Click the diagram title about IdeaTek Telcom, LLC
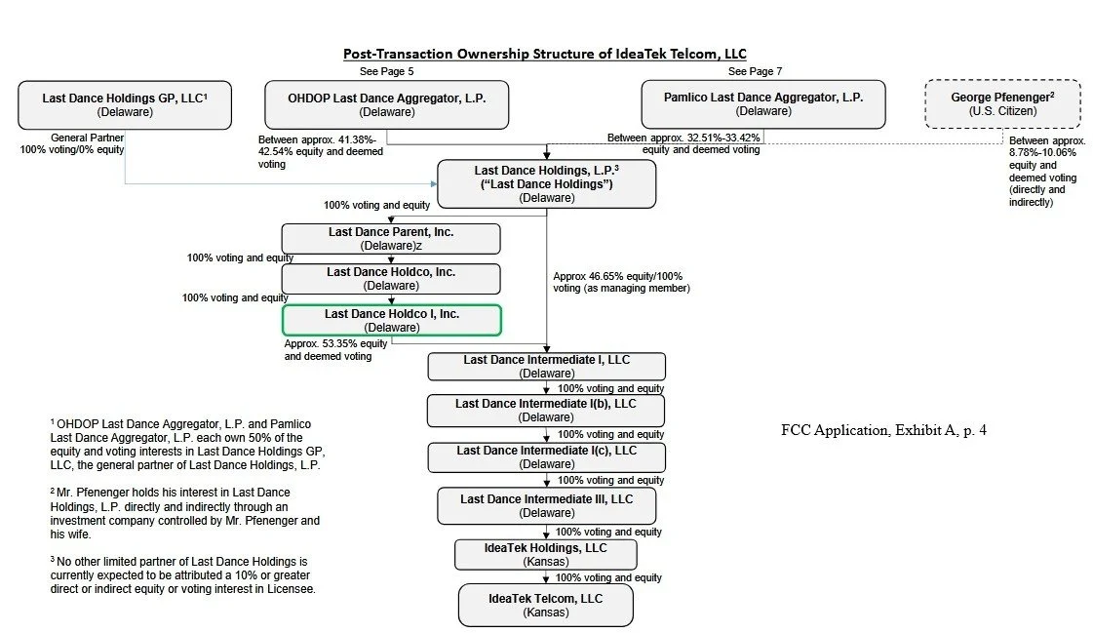coord(544,54)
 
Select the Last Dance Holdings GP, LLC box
coord(125,104)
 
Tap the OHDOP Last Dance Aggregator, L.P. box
coord(387,104)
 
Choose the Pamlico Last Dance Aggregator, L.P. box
coord(762,104)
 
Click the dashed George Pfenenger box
coord(1002,104)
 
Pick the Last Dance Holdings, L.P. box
coord(546,184)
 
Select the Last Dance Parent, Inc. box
coord(390,239)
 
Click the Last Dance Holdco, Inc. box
coord(390,279)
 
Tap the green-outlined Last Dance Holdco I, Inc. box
coord(391,320)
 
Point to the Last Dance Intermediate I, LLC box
coord(546,366)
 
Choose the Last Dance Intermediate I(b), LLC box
coord(546,410)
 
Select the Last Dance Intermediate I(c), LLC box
coord(546,457)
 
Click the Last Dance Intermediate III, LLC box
coord(546,505)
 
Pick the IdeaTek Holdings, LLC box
coord(546,554)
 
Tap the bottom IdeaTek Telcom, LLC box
coord(546,604)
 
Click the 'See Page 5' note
coord(387,71)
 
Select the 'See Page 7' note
coord(755,71)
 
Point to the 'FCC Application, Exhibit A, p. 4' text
coord(883,429)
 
